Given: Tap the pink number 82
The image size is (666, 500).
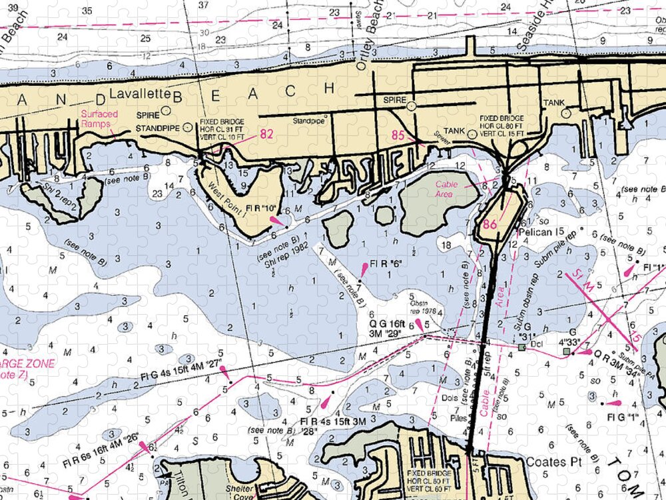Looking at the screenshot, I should point(266,134).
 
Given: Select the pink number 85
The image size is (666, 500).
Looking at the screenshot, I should point(398,135).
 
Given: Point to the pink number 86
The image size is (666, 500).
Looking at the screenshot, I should point(491,225).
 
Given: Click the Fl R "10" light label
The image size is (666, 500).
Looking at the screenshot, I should point(261,209).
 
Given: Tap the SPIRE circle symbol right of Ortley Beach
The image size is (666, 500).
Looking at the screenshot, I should point(411,105).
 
